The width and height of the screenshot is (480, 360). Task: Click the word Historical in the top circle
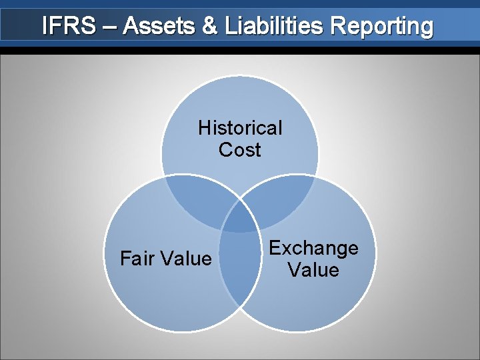pyautogui.click(x=240, y=127)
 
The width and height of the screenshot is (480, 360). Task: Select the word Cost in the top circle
pyautogui.click(x=240, y=150)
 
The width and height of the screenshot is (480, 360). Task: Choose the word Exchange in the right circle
pyautogui.click(x=313, y=249)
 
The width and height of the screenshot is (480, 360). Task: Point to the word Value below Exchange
pyautogui.click(x=313, y=270)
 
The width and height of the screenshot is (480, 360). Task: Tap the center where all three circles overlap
pyautogui.click(x=240, y=217)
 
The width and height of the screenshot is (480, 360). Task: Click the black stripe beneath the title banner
pyautogui.click(x=240, y=50)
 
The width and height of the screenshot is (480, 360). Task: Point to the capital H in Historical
pyautogui.click(x=203, y=127)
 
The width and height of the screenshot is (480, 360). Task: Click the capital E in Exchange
pyautogui.click(x=274, y=249)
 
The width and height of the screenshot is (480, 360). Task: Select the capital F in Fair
pyautogui.click(x=125, y=259)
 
